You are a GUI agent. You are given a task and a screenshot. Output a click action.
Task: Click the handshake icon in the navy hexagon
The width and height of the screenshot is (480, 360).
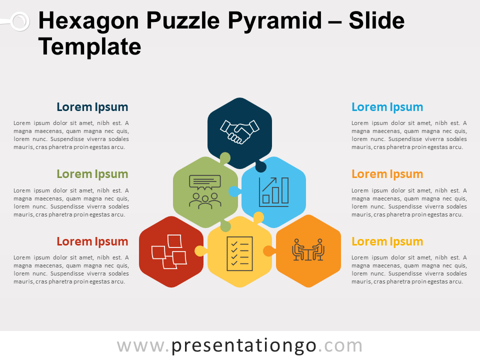(239, 132)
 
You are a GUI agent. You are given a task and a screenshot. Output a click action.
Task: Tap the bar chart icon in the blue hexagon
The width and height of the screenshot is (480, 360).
(273, 192)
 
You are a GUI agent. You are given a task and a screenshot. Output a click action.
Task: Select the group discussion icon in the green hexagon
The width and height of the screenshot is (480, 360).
(205, 192)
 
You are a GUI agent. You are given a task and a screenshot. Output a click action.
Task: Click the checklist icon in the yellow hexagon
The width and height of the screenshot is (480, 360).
(239, 254)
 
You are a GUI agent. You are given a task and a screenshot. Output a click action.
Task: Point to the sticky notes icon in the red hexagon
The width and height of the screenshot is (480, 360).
(169, 251)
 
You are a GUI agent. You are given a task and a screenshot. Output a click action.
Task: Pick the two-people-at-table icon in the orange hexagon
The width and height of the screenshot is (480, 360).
(308, 250)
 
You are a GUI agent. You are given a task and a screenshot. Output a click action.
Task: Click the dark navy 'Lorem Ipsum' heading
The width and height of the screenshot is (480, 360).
(92, 107)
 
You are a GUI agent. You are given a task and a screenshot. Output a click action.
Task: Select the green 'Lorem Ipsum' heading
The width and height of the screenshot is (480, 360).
(92, 174)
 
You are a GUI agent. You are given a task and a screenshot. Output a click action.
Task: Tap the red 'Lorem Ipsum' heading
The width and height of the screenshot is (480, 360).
(92, 241)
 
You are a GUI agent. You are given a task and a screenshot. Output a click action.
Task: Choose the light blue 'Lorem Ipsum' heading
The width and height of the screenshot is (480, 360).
(387, 107)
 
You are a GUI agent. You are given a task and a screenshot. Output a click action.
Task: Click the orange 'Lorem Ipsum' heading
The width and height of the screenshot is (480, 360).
(387, 174)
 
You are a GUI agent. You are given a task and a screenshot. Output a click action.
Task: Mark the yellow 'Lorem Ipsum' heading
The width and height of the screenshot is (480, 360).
(387, 241)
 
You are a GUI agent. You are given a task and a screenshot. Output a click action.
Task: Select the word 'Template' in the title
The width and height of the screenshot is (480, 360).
(89, 46)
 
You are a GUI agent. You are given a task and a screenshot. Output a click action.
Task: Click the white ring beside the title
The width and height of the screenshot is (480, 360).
(20, 21)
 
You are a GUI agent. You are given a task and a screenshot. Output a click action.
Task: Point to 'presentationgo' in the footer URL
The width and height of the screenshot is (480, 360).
(243, 346)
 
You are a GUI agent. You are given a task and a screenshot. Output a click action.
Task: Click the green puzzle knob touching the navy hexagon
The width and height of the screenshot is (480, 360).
(225, 158)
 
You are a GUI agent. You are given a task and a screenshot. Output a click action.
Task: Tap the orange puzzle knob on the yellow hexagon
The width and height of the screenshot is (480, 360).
(269, 250)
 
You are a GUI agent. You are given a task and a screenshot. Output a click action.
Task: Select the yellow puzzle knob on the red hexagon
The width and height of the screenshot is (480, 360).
(200, 250)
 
